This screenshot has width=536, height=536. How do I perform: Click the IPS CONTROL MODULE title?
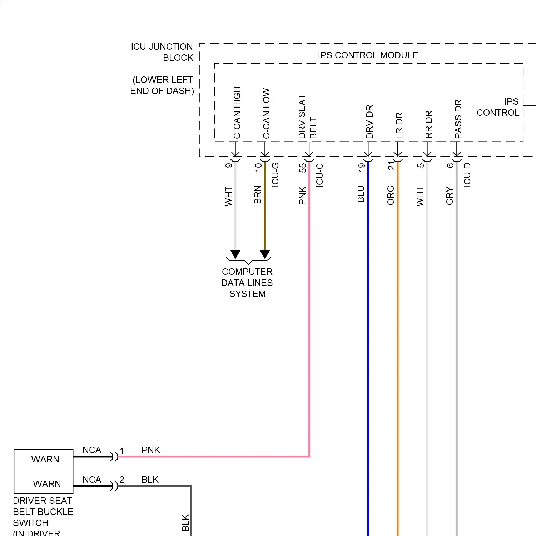(368, 55)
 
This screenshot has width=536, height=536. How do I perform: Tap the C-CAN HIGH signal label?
(237, 113)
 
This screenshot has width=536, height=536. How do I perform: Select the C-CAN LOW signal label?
(266, 114)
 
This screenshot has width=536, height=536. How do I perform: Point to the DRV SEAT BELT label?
(307, 117)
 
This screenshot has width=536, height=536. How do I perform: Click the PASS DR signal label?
(458, 119)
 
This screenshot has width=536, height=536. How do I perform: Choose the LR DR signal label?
(399, 125)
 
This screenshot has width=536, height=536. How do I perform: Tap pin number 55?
(303, 168)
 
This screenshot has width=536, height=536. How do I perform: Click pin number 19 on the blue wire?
(362, 167)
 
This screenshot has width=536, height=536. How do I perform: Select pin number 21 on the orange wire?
(391, 165)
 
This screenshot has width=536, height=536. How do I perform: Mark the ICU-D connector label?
(467, 175)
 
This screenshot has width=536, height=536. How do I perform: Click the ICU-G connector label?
(275, 175)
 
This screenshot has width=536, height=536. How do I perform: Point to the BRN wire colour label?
(258, 195)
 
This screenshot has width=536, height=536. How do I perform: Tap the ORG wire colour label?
(391, 195)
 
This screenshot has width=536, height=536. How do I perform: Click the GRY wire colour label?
(450, 196)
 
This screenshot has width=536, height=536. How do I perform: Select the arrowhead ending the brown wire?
(265, 254)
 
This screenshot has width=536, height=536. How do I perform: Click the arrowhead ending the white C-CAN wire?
(235, 254)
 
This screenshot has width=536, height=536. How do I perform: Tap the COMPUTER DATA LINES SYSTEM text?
(247, 283)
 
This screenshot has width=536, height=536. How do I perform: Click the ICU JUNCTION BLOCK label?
(162, 52)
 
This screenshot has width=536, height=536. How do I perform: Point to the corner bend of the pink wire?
(309, 456)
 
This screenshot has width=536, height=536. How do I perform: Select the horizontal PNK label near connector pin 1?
(151, 450)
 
